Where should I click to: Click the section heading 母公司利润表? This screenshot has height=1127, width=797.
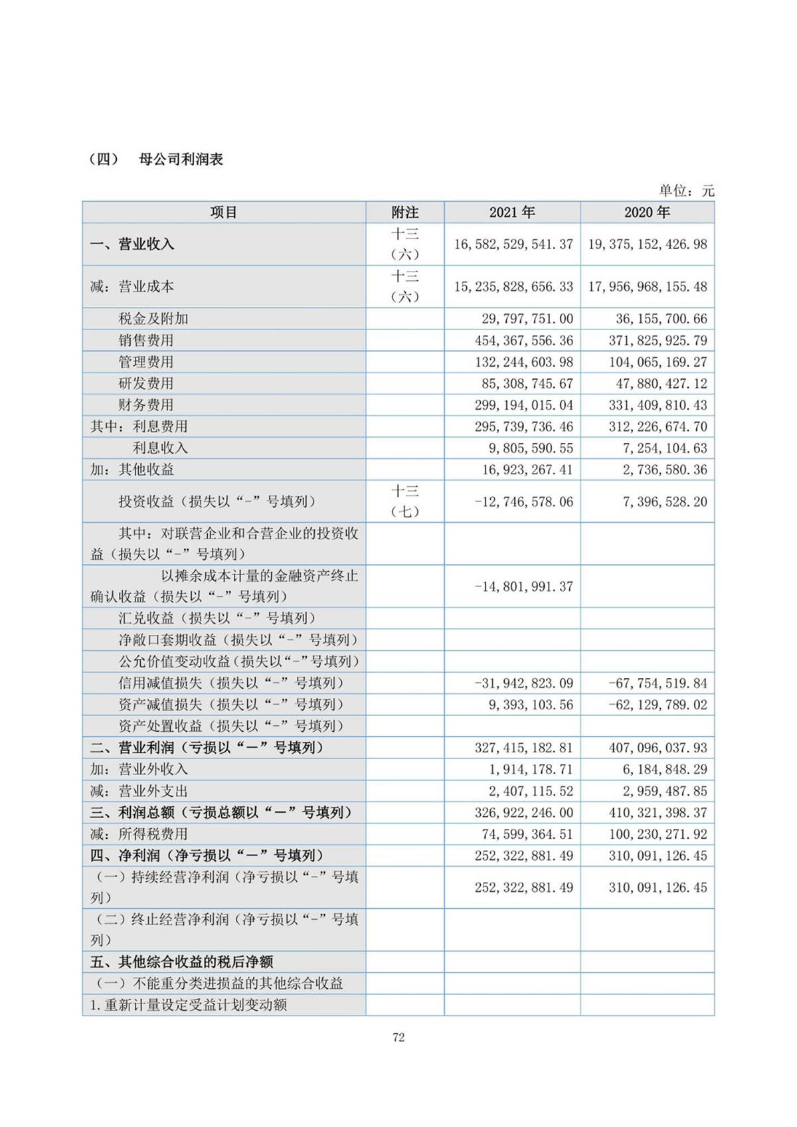[181, 159]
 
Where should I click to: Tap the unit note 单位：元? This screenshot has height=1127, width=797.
[686, 191]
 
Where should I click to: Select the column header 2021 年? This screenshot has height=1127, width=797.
[512, 213]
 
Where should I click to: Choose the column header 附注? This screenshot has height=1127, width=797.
[404, 213]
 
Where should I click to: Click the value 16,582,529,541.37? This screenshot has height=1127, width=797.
[513, 244]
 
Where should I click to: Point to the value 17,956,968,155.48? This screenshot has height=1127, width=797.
[648, 287]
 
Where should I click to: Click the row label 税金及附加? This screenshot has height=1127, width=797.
[153, 319]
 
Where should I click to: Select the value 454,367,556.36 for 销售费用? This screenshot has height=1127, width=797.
[524, 341]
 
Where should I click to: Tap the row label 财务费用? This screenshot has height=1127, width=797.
[146, 405]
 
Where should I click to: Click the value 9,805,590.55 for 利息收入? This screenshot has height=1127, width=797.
[531, 448]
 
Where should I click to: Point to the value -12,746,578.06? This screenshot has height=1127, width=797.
[524, 502]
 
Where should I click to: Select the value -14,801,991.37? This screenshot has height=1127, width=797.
[524, 587]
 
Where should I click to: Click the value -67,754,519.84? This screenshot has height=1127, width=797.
[658, 683]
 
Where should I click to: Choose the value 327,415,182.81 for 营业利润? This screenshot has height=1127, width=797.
[524, 748]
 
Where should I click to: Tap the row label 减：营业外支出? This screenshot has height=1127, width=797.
[139, 791]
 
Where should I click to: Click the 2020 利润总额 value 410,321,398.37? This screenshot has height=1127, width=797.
[658, 813]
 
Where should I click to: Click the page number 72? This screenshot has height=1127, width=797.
[398, 1037]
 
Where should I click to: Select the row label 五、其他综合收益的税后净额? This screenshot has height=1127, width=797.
[182, 962]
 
